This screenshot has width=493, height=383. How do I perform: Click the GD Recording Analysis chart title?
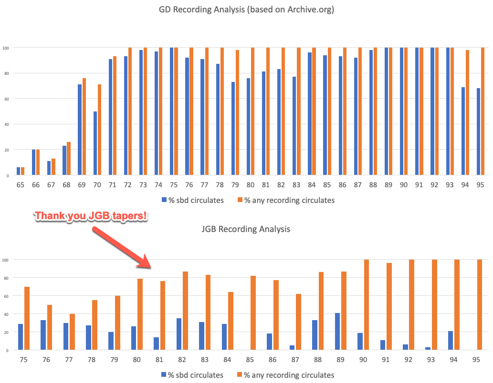pyautogui.click(x=246, y=10)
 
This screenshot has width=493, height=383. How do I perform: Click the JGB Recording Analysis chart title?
pyautogui.click(x=246, y=229)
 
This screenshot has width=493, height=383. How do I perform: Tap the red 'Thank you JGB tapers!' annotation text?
pyautogui.click(x=91, y=216)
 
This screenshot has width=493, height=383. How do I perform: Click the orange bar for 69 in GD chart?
pyautogui.click(x=84, y=127)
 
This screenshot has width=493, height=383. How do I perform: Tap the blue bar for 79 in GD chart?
pyautogui.click(x=233, y=129)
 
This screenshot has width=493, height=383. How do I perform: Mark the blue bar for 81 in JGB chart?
pyautogui.click(x=157, y=343)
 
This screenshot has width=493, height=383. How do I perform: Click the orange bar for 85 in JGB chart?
pyautogui.click(x=253, y=313)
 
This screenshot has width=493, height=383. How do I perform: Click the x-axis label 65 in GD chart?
pyautogui.click(x=20, y=184)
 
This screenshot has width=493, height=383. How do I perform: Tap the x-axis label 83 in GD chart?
pyautogui.click(x=296, y=184)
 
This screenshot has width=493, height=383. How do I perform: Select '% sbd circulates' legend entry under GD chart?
pyautogui.click(x=193, y=201)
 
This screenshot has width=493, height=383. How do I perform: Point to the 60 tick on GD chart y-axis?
pyautogui.click(x=6, y=99)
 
